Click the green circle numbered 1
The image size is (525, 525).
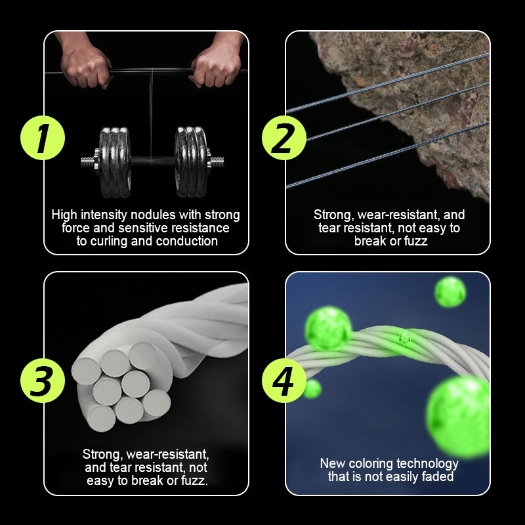click(43, 138)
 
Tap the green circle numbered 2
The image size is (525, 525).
click(284, 138)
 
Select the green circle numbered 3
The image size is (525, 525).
click(43, 381)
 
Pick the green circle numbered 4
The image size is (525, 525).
click(284, 381)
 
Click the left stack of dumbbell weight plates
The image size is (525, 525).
click(114, 161)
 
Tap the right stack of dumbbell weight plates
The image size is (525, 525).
click(191, 161)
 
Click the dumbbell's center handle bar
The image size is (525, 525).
click(153, 161)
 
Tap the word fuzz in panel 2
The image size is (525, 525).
click(415, 241)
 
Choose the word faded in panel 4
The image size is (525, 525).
click(438, 476)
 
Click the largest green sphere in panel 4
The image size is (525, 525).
click(458, 415)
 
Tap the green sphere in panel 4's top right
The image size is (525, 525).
click(450, 291)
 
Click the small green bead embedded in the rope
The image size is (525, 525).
click(404, 338)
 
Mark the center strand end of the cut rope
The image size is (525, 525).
click(135, 384)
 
